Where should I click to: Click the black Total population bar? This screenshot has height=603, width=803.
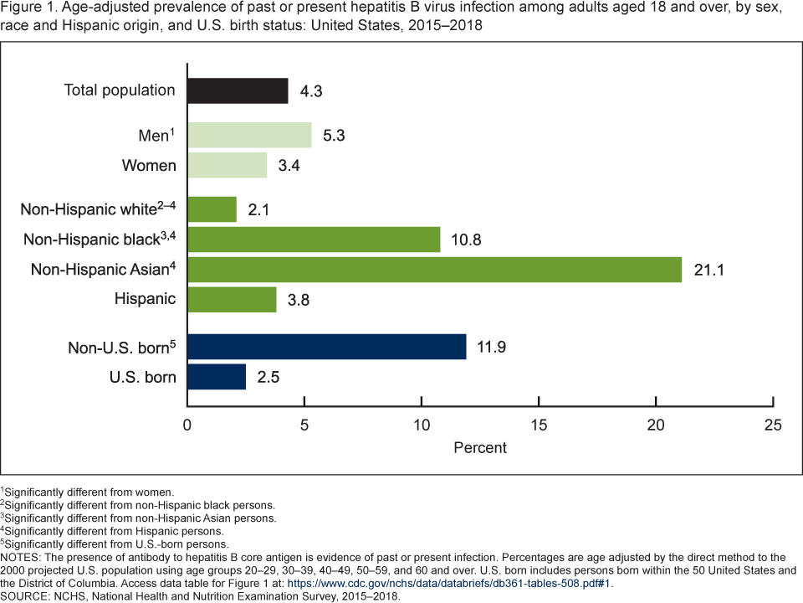click(x=238, y=90)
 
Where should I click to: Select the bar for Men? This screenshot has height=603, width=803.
click(x=249, y=135)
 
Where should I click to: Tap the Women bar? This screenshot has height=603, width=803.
click(x=227, y=165)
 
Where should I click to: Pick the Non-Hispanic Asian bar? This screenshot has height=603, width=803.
click(x=434, y=269)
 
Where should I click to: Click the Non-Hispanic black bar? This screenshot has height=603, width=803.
click(x=314, y=240)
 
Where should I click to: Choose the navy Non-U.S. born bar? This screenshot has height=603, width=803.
click(x=326, y=346)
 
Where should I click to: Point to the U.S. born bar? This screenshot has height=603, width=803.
click(x=217, y=376)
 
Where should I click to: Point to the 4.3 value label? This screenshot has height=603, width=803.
click(x=311, y=91)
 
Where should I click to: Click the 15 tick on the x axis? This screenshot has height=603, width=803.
click(x=540, y=425)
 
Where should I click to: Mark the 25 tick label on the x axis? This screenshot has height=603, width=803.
click(x=774, y=425)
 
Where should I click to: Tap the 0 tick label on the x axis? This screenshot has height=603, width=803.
click(x=187, y=425)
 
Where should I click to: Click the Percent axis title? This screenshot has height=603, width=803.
click(x=480, y=447)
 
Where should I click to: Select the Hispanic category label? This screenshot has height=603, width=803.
click(x=146, y=298)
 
